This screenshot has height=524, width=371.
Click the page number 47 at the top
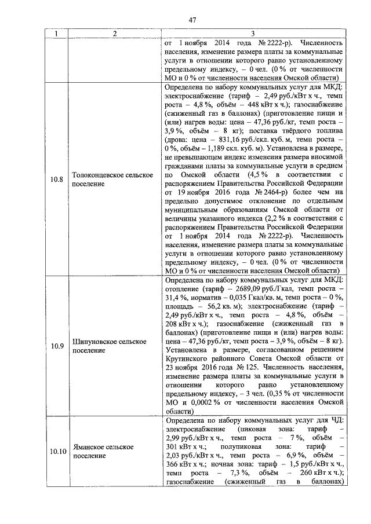[x=192, y=20]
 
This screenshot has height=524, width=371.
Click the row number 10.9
[x=56, y=346]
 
